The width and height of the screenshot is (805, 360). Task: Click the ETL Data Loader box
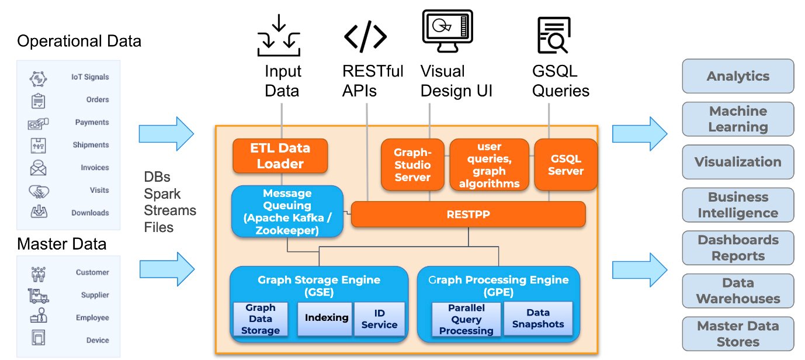280,155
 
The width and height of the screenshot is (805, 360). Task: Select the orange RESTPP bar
469,214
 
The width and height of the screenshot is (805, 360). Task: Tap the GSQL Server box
565,164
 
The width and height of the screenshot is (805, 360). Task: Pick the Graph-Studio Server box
412,164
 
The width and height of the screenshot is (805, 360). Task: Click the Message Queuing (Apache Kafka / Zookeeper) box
287,212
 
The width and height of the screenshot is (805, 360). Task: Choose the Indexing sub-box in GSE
325,319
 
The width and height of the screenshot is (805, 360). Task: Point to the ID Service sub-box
380,319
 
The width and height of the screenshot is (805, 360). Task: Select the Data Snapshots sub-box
538,318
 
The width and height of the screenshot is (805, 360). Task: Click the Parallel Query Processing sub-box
466,319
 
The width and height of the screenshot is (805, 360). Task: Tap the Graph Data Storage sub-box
261,319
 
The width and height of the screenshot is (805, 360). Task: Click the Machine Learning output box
738,119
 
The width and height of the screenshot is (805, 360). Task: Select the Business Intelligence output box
738,205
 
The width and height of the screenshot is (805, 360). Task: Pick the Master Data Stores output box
738,334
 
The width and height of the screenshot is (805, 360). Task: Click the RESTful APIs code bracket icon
365,36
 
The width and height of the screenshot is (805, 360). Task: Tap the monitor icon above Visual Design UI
447,32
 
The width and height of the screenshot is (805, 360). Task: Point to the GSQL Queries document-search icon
554,35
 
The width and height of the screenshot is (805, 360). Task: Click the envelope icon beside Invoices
38,168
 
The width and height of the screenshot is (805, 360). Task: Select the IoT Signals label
90,77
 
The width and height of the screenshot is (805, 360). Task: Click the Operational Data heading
79,41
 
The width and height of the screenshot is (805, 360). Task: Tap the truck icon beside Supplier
39,296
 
